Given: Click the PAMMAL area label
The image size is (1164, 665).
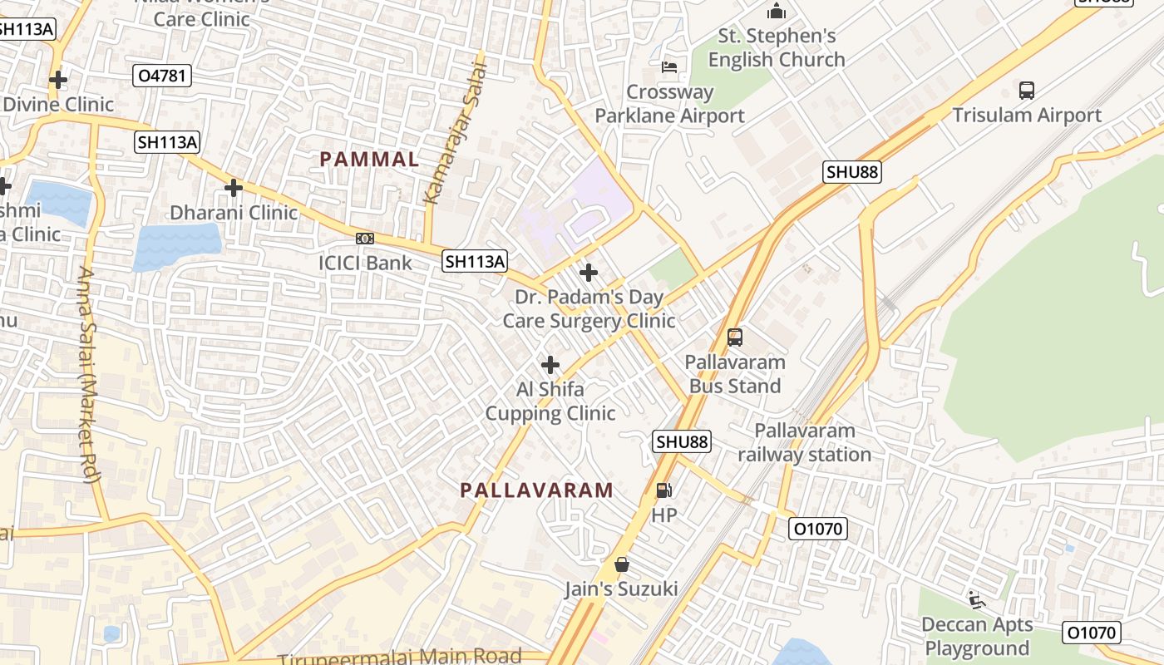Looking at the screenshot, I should click(x=369, y=160).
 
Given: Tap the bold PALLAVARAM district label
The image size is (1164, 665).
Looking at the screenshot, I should click(x=537, y=490).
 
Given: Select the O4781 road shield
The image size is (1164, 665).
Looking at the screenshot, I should click(x=163, y=76).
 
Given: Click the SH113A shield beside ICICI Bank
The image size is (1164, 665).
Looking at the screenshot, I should click(x=474, y=261).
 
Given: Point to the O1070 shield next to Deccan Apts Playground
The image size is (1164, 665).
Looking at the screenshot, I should click(x=1092, y=633).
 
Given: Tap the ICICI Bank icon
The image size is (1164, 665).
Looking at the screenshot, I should click(x=365, y=239).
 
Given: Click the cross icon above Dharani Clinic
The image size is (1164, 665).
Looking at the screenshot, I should click(x=234, y=188).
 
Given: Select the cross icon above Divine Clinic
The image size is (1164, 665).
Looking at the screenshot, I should click(x=58, y=80).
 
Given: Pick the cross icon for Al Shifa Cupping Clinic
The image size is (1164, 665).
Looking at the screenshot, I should click(x=550, y=365).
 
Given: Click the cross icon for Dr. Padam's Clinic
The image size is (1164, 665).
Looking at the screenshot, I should click(x=589, y=272).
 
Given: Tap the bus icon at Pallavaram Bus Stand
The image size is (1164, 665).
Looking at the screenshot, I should click(x=735, y=337).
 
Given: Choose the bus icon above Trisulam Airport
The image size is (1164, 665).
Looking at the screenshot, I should click(x=1027, y=91).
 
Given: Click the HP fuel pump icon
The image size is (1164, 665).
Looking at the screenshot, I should click(x=663, y=490).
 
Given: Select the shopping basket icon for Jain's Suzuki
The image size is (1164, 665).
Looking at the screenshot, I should click(x=621, y=565).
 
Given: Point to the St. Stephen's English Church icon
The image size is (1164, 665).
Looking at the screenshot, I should click(x=777, y=12).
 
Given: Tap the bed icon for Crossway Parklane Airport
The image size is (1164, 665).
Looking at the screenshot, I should click(x=669, y=66).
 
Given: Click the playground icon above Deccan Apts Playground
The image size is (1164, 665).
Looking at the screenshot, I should click(x=977, y=599).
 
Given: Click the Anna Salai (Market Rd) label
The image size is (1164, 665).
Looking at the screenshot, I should click(x=88, y=374).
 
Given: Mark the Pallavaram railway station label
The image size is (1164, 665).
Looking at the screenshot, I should click(x=805, y=442).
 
